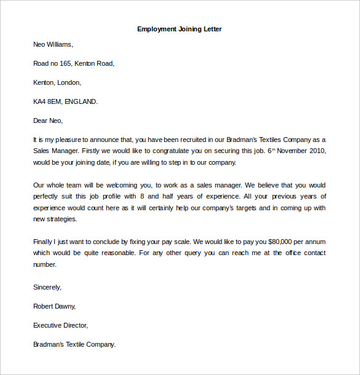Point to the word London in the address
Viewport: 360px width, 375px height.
click(x=70, y=82)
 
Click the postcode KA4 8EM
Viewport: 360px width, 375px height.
click(x=48, y=101)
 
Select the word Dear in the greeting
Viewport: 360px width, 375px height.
click(x=40, y=120)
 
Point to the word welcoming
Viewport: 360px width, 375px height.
click(x=117, y=184)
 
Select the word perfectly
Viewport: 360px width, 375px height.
click(x=47, y=196)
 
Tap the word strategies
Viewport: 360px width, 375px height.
click(x=62, y=219)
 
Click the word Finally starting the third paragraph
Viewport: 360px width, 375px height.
click(x=44, y=242)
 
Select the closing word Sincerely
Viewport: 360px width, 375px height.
click(x=47, y=287)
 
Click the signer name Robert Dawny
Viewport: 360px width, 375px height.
click(x=54, y=306)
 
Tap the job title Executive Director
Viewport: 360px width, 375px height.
click(x=60, y=325)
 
